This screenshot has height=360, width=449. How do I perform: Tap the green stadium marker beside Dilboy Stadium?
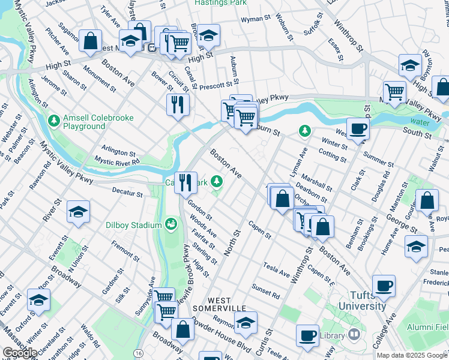171,224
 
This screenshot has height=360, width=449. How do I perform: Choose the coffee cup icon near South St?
358,128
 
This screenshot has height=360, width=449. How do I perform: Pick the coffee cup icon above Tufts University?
384,286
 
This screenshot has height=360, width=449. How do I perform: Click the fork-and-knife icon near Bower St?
178,104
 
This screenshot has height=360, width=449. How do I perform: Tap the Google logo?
20,353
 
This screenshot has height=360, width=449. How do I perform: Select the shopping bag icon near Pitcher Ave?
90,41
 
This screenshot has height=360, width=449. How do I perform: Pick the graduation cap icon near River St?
78,212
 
